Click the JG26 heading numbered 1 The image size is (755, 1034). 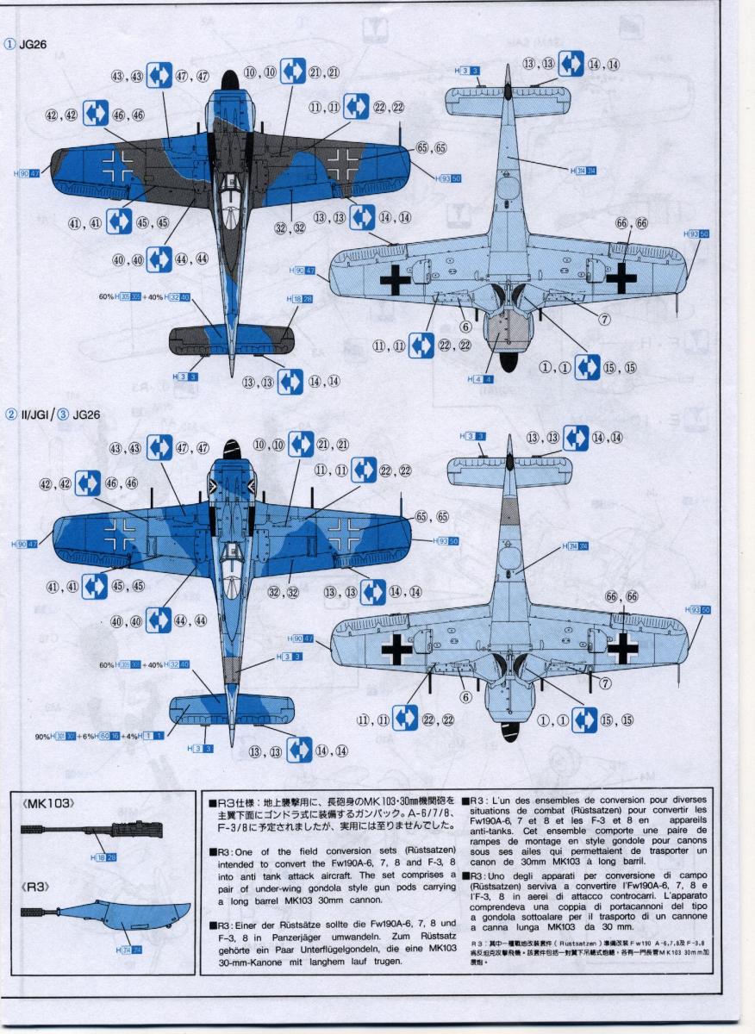(x=34, y=45)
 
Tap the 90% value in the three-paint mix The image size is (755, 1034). (x=42, y=736)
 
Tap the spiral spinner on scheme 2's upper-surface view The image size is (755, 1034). (x=230, y=447)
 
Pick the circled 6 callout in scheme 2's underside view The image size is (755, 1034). (x=465, y=697)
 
